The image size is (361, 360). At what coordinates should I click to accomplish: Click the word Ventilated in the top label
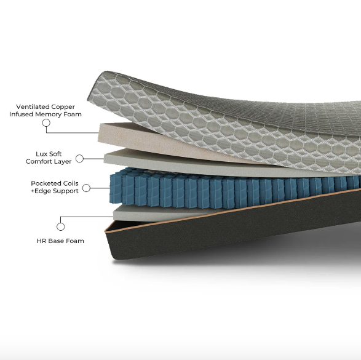point(33,107)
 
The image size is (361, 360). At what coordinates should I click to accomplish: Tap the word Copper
point(63,107)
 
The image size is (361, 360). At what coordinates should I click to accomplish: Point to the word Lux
point(41,154)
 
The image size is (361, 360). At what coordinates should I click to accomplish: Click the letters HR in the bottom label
point(41,241)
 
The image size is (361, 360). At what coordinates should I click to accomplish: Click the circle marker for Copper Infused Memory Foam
point(46,123)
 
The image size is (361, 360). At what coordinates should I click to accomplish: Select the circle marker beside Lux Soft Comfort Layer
point(79,159)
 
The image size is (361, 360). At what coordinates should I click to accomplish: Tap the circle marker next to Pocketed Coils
point(86,188)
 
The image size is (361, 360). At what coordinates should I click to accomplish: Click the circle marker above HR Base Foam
point(60,226)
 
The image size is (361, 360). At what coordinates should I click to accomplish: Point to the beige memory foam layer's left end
point(100,133)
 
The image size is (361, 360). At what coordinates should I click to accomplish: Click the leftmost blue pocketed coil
point(116,189)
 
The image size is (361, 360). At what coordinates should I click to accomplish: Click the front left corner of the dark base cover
point(105,232)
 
